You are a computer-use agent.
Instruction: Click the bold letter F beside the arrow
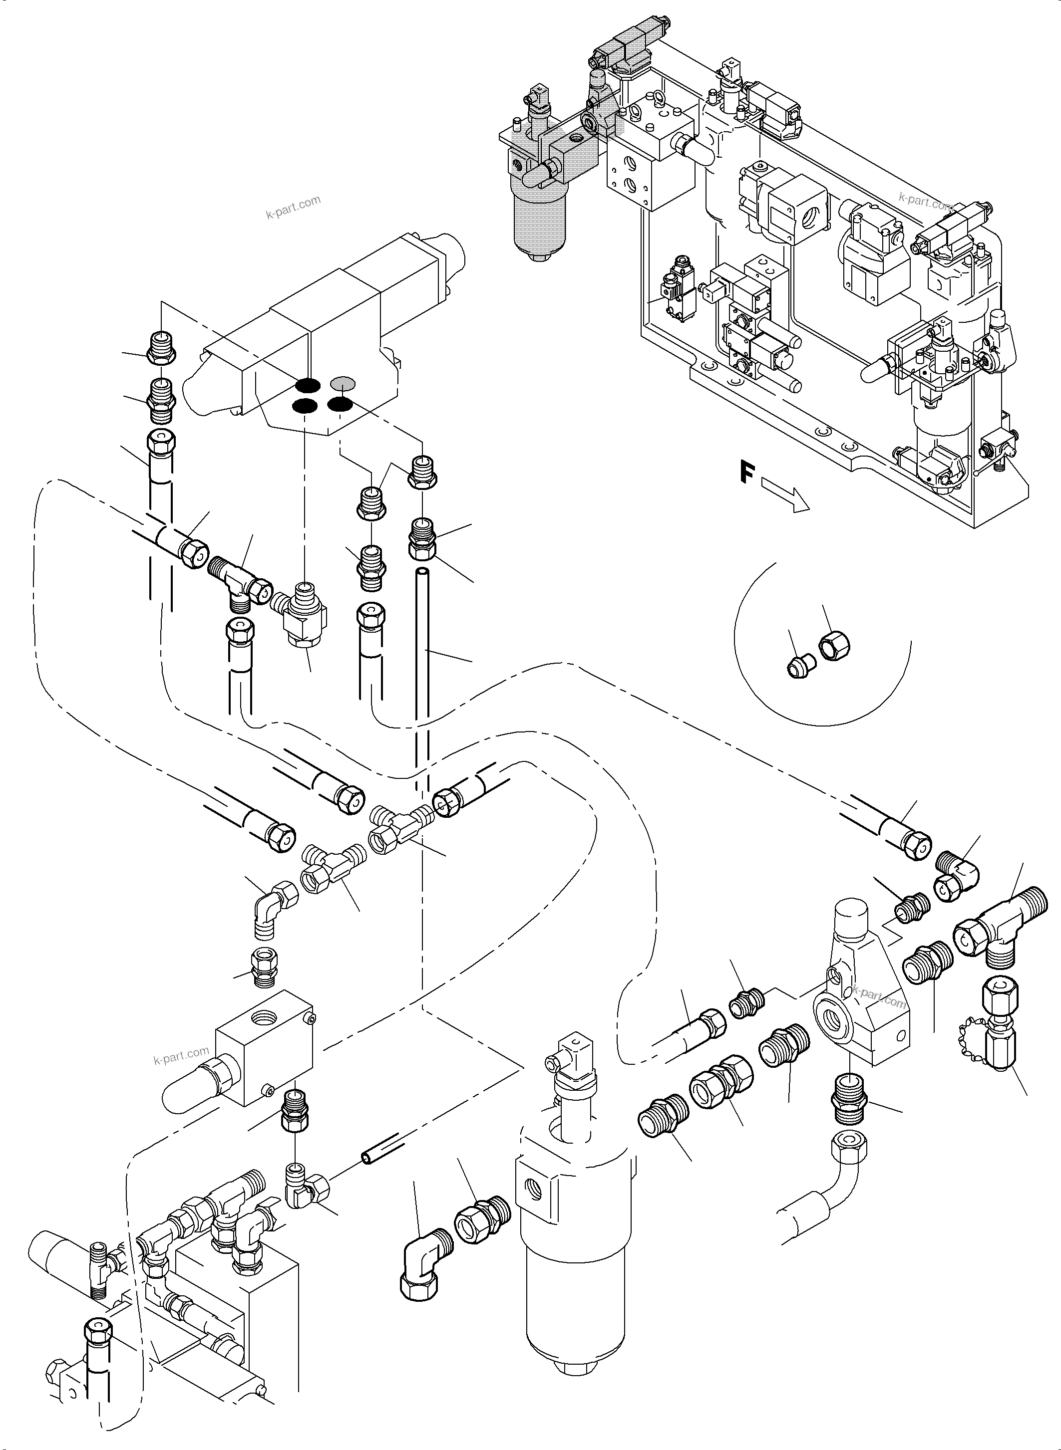click(745, 473)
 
